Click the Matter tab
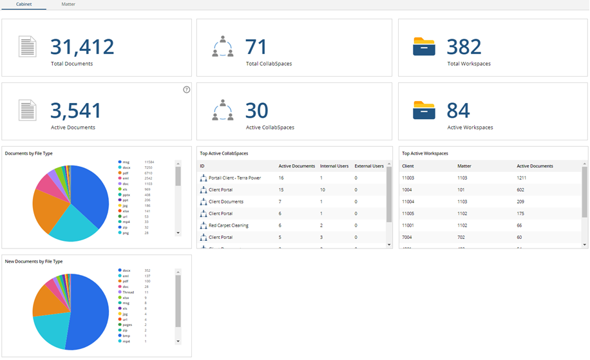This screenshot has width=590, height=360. pos(68,4)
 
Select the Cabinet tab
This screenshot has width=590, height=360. pos(24,4)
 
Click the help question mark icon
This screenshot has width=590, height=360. pos(187,90)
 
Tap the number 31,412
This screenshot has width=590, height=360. pos(82,46)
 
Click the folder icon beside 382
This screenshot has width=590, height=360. pos(424,46)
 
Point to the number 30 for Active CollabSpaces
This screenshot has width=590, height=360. pos(256,110)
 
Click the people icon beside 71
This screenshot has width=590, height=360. pos(223,46)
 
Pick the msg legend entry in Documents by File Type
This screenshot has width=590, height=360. pos(126,162)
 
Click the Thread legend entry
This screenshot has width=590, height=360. pos(129,292)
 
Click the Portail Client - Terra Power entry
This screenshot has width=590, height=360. pos(234,178)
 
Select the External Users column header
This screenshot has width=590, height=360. pos(369,166)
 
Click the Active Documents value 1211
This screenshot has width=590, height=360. pos(522,178)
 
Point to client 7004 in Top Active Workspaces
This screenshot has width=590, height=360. pos(408,237)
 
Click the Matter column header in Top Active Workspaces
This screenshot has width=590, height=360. pos(464,166)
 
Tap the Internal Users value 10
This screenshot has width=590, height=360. pos(323,190)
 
